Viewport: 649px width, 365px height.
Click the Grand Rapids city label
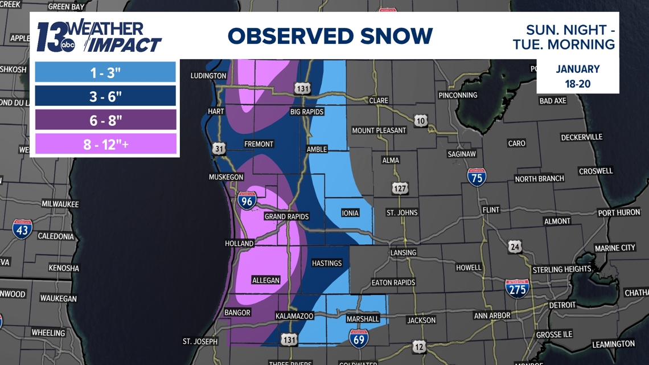click(286, 216)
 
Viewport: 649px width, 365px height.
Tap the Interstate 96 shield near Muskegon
click(247, 200)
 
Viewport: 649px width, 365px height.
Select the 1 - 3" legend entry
click(105, 72)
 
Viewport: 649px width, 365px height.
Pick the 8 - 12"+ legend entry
click(105, 144)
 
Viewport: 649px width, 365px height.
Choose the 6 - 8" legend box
click(105, 120)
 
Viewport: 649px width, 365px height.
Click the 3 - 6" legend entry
click(105, 96)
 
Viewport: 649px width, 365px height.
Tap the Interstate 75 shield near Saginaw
click(477, 177)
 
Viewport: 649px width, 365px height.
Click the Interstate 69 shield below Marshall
click(359, 338)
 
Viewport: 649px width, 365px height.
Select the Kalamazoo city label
click(294, 315)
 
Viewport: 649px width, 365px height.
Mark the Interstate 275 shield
click(517, 288)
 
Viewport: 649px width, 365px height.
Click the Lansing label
click(403, 252)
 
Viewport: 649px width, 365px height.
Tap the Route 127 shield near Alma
click(399, 187)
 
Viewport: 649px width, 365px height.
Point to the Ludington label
click(208, 76)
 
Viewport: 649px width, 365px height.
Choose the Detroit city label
click(562, 305)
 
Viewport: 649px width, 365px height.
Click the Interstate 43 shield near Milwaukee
click(22, 229)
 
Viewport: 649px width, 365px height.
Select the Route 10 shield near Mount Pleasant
click(421, 121)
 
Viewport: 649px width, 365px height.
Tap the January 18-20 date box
click(577, 76)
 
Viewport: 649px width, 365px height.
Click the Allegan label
click(266, 280)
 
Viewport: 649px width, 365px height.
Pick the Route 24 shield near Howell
click(515, 247)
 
